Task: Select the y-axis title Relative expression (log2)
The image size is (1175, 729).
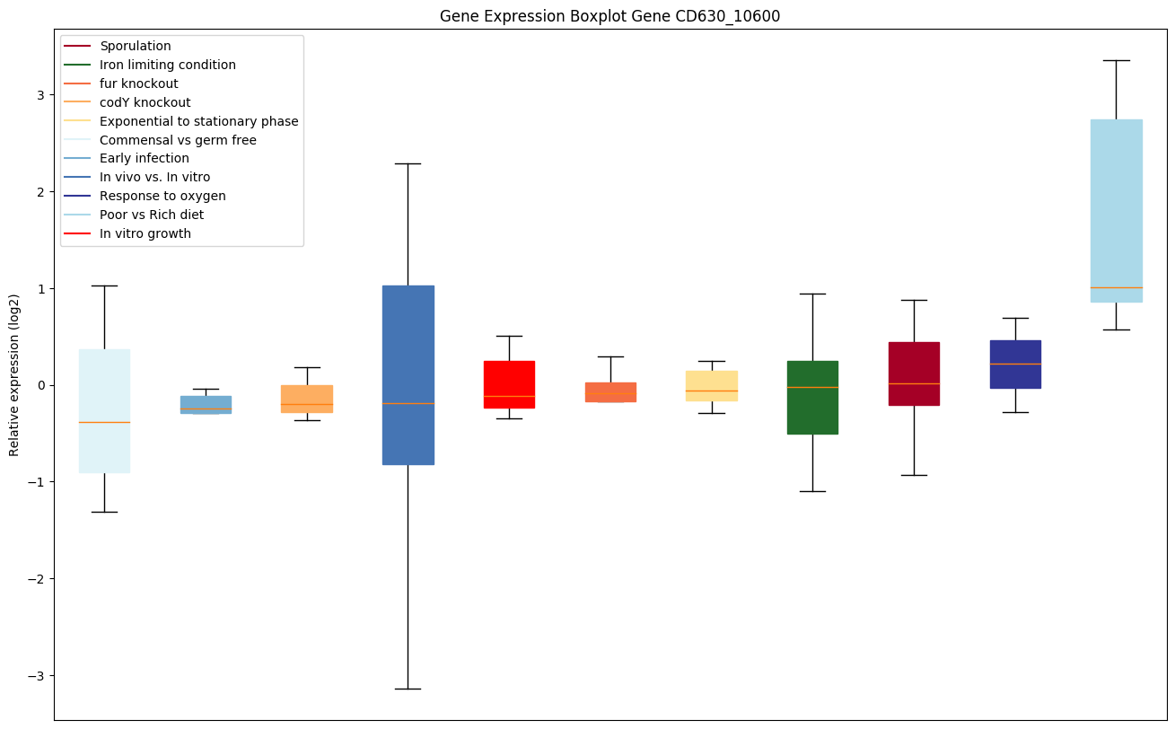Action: (14, 374)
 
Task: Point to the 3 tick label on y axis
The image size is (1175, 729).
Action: (39, 95)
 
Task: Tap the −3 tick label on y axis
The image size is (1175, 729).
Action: (35, 675)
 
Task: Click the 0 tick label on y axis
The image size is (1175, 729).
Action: (39, 385)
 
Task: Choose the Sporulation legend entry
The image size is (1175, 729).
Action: (136, 46)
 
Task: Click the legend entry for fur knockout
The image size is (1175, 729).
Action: (139, 83)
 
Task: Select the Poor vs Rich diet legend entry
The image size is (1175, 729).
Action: (152, 215)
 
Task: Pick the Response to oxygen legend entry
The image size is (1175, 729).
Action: (162, 196)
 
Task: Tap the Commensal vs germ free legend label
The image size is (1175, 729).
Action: (178, 140)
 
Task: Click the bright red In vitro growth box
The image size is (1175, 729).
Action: (509, 384)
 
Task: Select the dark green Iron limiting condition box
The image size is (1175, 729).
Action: (812, 397)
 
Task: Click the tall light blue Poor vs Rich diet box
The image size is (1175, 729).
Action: (1116, 210)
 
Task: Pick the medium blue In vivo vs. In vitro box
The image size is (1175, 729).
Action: (408, 374)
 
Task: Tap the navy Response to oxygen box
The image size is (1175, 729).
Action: (1015, 364)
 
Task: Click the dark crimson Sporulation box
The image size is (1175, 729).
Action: (914, 373)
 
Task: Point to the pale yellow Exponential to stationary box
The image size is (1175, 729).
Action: (711, 385)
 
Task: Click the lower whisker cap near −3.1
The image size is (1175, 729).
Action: (408, 689)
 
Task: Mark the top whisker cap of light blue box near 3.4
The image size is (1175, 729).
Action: (1116, 60)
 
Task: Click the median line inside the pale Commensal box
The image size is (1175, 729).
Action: (104, 422)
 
